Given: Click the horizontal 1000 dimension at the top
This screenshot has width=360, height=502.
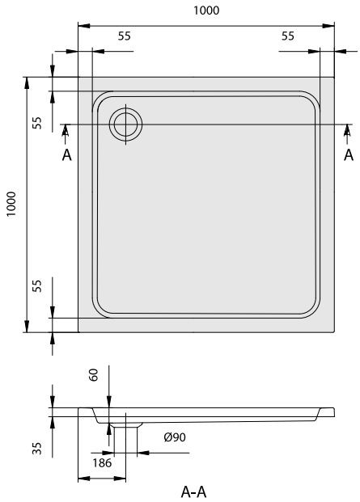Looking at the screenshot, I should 207,11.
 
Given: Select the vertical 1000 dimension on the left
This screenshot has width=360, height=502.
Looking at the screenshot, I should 11,205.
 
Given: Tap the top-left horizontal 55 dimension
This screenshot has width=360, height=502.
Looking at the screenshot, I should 125,36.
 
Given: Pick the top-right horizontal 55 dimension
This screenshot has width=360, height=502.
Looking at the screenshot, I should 287,36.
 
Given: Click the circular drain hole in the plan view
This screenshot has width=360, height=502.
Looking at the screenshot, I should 126,124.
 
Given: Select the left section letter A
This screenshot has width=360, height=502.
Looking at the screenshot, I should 66,154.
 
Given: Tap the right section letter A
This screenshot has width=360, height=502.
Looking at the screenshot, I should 349,154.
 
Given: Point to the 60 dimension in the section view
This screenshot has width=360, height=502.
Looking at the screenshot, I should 94,375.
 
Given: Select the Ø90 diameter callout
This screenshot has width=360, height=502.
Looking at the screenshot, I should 175,437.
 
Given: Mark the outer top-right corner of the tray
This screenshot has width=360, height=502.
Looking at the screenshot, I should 335,78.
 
